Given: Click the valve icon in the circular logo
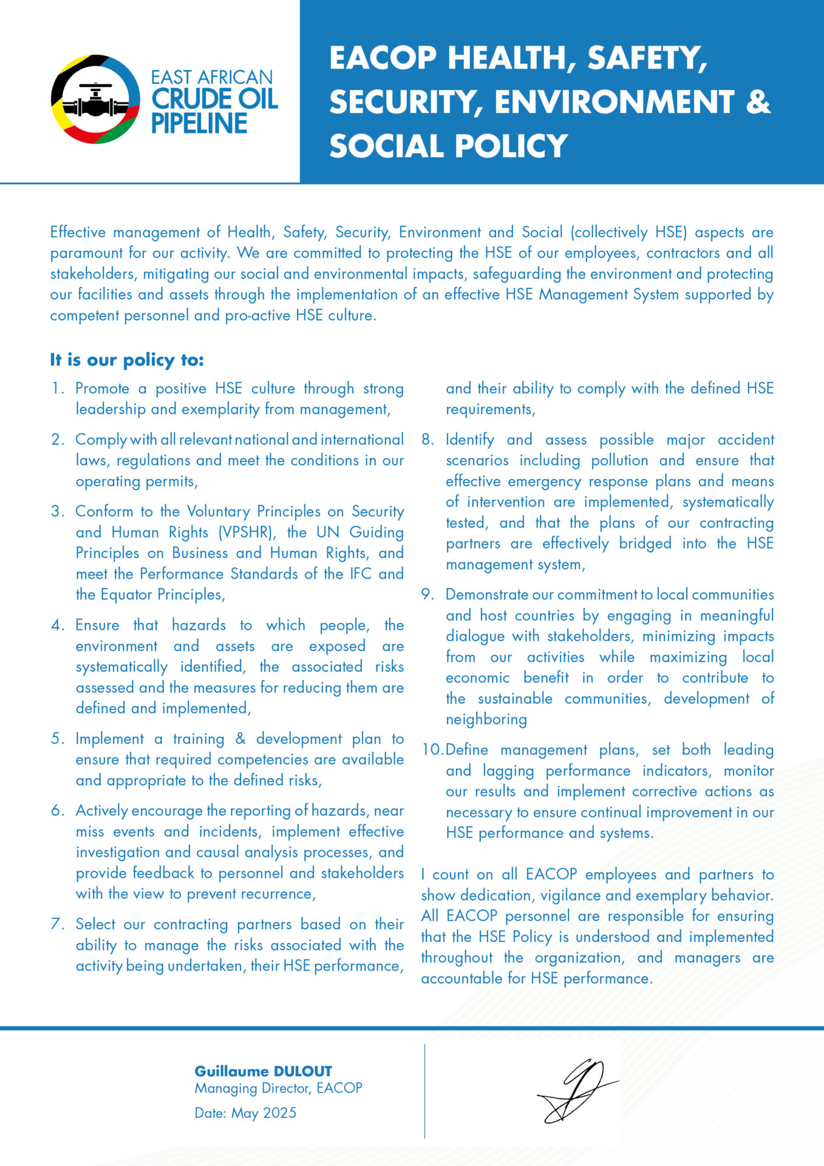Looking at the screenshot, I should tap(95, 100).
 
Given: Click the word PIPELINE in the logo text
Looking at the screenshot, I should tap(199, 124).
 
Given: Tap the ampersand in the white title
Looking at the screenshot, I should tap(758, 101).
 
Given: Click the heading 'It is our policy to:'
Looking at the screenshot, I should tap(127, 360).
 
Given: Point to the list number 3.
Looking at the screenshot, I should tap(57, 511).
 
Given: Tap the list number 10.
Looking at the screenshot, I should tap(432, 750).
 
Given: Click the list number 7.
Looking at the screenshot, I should tap(57, 924).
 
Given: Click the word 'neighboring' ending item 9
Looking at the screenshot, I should tap(486, 720).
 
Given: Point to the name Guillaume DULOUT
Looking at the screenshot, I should tap(263, 1071).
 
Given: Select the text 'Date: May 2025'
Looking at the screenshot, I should tap(245, 1113).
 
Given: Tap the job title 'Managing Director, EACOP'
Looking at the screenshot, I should tap(278, 1088).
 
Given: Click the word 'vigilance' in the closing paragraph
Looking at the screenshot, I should tap(571, 896).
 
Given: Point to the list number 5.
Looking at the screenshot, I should tap(57, 739).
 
